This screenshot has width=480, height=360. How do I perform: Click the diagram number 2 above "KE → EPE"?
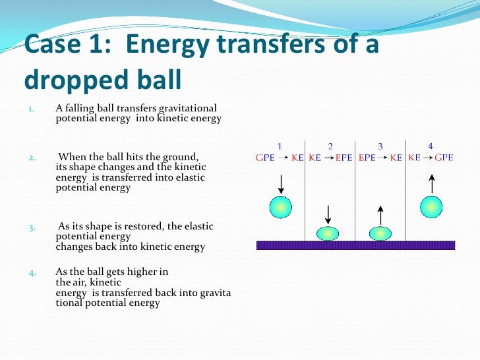330,146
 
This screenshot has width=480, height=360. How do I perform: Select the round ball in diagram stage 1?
280,207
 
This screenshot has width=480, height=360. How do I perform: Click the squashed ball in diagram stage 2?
328,233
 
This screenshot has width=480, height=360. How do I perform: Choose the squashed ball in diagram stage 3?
380,233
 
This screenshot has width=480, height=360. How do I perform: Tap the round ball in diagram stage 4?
431,207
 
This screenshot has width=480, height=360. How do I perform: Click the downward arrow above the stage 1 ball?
280,183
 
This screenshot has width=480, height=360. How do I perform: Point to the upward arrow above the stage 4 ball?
431,183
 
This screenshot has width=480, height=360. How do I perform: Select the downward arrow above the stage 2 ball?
328,214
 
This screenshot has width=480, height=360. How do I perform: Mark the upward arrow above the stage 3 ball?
380,214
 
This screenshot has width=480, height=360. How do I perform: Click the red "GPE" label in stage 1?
264,158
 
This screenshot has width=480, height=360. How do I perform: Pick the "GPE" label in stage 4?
443,158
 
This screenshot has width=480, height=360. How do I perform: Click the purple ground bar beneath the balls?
355,245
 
